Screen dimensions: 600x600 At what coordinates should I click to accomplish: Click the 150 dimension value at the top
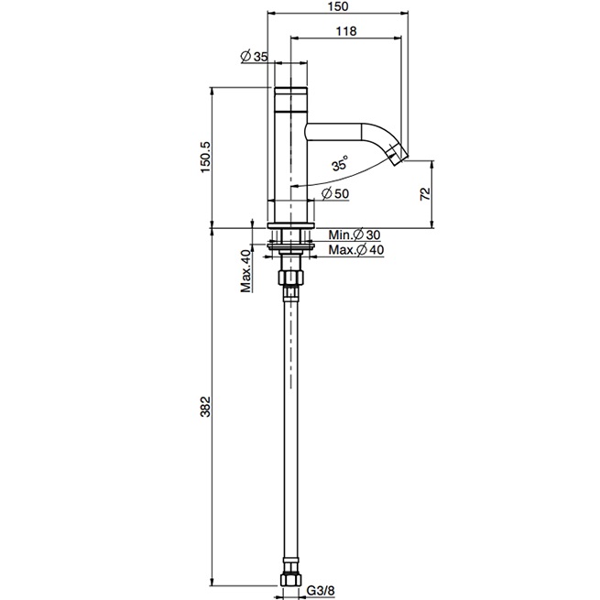[338, 7]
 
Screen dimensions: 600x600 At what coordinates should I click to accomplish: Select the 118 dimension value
[346, 31]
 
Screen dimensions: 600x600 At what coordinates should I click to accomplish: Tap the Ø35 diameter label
[254, 57]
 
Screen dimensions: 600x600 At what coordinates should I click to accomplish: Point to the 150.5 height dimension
[205, 157]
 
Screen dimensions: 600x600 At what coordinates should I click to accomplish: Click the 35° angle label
[340, 163]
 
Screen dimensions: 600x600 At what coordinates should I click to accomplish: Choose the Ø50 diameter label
[335, 193]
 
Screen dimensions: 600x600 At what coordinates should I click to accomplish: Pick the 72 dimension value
[425, 194]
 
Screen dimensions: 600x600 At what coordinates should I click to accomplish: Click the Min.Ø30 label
[355, 235]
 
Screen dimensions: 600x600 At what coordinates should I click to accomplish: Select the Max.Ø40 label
[356, 250]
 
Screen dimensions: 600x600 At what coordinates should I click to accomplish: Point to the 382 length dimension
[205, 407]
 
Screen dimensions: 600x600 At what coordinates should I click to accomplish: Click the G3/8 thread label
[321, 590]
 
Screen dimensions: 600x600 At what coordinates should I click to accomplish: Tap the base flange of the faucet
[290, 225]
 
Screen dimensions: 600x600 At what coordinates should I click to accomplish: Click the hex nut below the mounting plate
[290, 277]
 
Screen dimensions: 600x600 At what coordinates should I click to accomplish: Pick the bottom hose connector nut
[290, 579]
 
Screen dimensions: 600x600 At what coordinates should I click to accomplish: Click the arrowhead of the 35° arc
[294, 186]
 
